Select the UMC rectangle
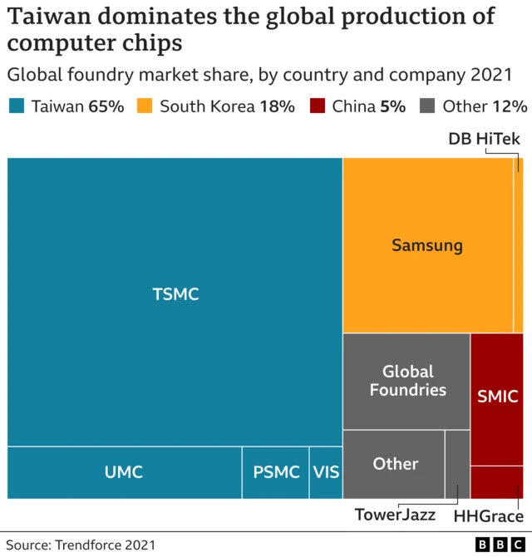124,472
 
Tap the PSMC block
275,472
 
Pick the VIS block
326,472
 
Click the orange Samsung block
427,245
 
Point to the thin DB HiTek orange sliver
518,245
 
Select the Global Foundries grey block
406,381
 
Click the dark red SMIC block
497,397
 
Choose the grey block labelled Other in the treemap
394,464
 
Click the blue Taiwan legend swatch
17,106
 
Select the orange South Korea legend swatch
145,106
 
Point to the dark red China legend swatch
317,106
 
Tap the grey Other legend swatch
427,106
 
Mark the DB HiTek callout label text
484,139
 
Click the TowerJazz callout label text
395,515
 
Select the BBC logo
500,545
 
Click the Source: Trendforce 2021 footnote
81,545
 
